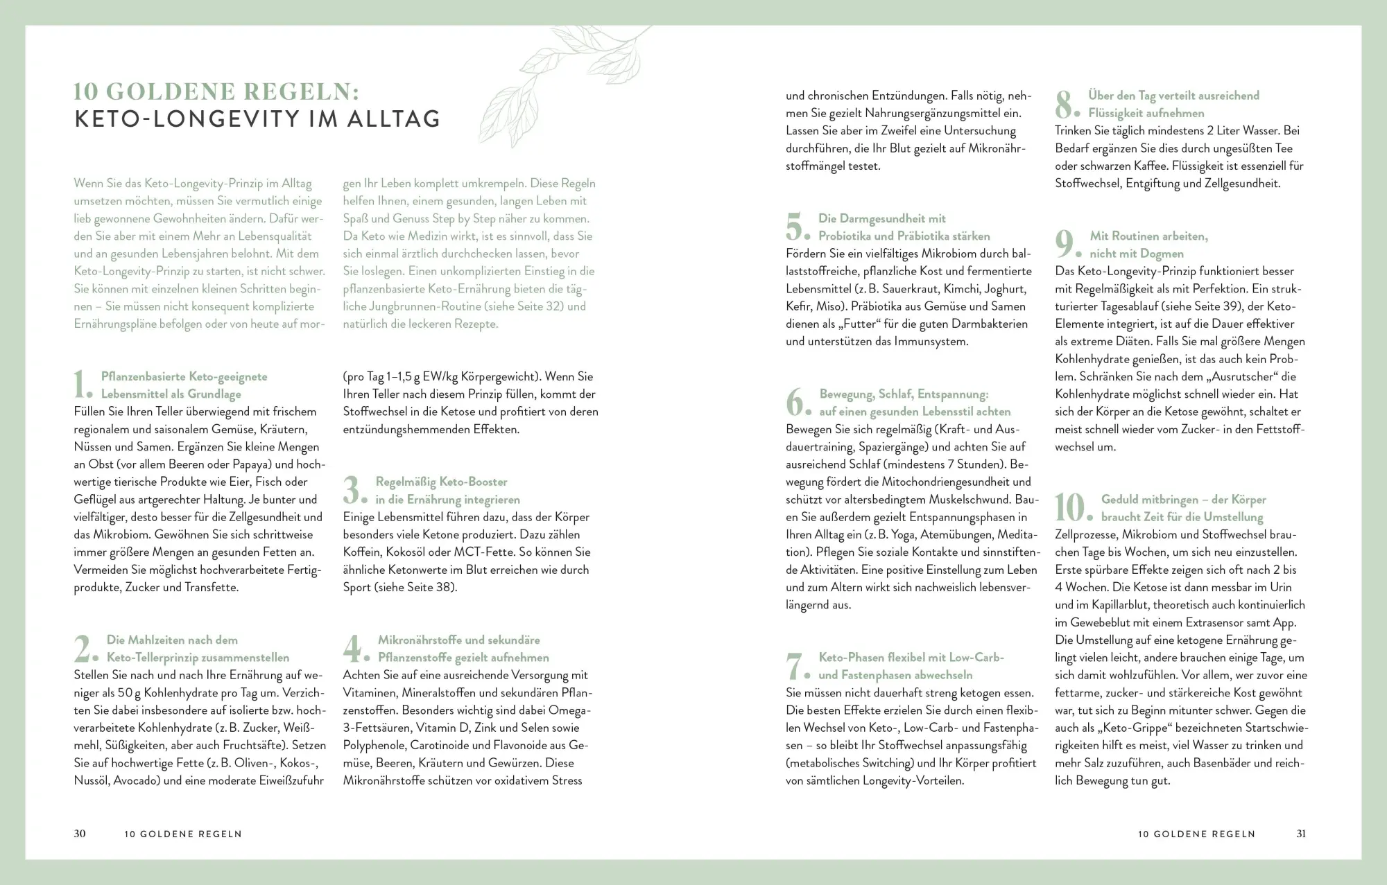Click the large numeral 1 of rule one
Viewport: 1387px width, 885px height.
coord(80,385)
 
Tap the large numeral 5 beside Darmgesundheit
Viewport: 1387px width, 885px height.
coord(795,227)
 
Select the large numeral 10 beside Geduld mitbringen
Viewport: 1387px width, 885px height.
coord(1069,507)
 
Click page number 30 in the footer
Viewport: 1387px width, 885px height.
coord(80,834)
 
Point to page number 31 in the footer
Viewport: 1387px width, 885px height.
coord(1301,834)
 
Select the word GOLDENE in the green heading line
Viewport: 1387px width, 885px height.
coord(174,91)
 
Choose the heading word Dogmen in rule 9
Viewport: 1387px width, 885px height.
coord(1162,254)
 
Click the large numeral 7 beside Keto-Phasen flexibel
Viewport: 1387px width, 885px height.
coord(794,666)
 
